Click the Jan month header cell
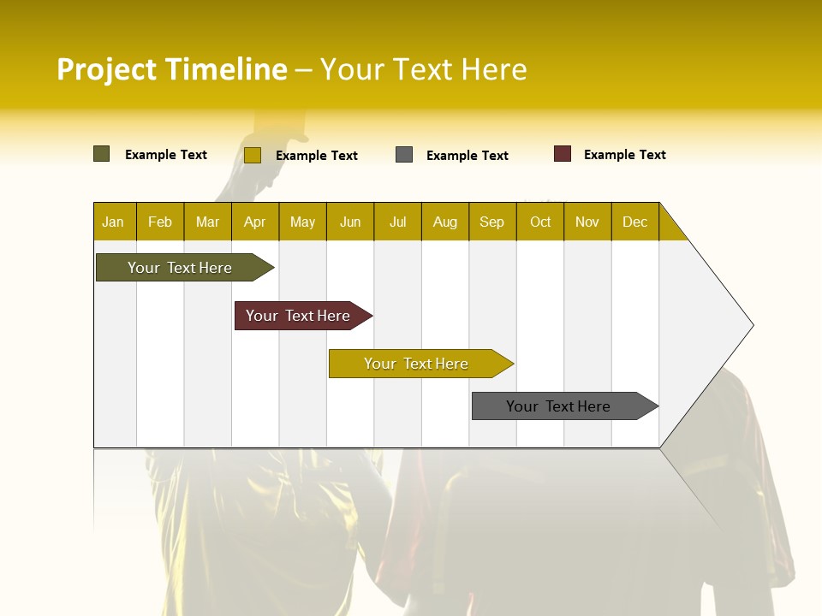tap(114, 222)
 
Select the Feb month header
tap(160, 222)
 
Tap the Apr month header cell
tap(255, 222)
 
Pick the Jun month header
tap(350, 222)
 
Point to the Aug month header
tap(445, 222)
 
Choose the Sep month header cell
tap(492, 222)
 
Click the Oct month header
tap(540, 222)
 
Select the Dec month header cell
tap(635, 222)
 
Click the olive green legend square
tap(101, 154)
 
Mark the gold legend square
tap(252, 155)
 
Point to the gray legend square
tap(404, 155)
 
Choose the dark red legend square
tap(562, 154)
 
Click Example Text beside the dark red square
tap(624, 155)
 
